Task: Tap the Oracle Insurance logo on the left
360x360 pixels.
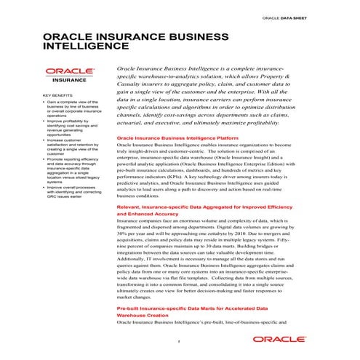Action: [x=66, y=76]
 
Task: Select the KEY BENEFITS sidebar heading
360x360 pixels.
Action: [x=57, y=96]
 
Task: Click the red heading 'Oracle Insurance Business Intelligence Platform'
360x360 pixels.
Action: [x=177, y=137]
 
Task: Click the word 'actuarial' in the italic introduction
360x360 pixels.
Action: [x=132, y=124]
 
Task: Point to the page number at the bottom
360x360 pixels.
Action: [x=179, y=341]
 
